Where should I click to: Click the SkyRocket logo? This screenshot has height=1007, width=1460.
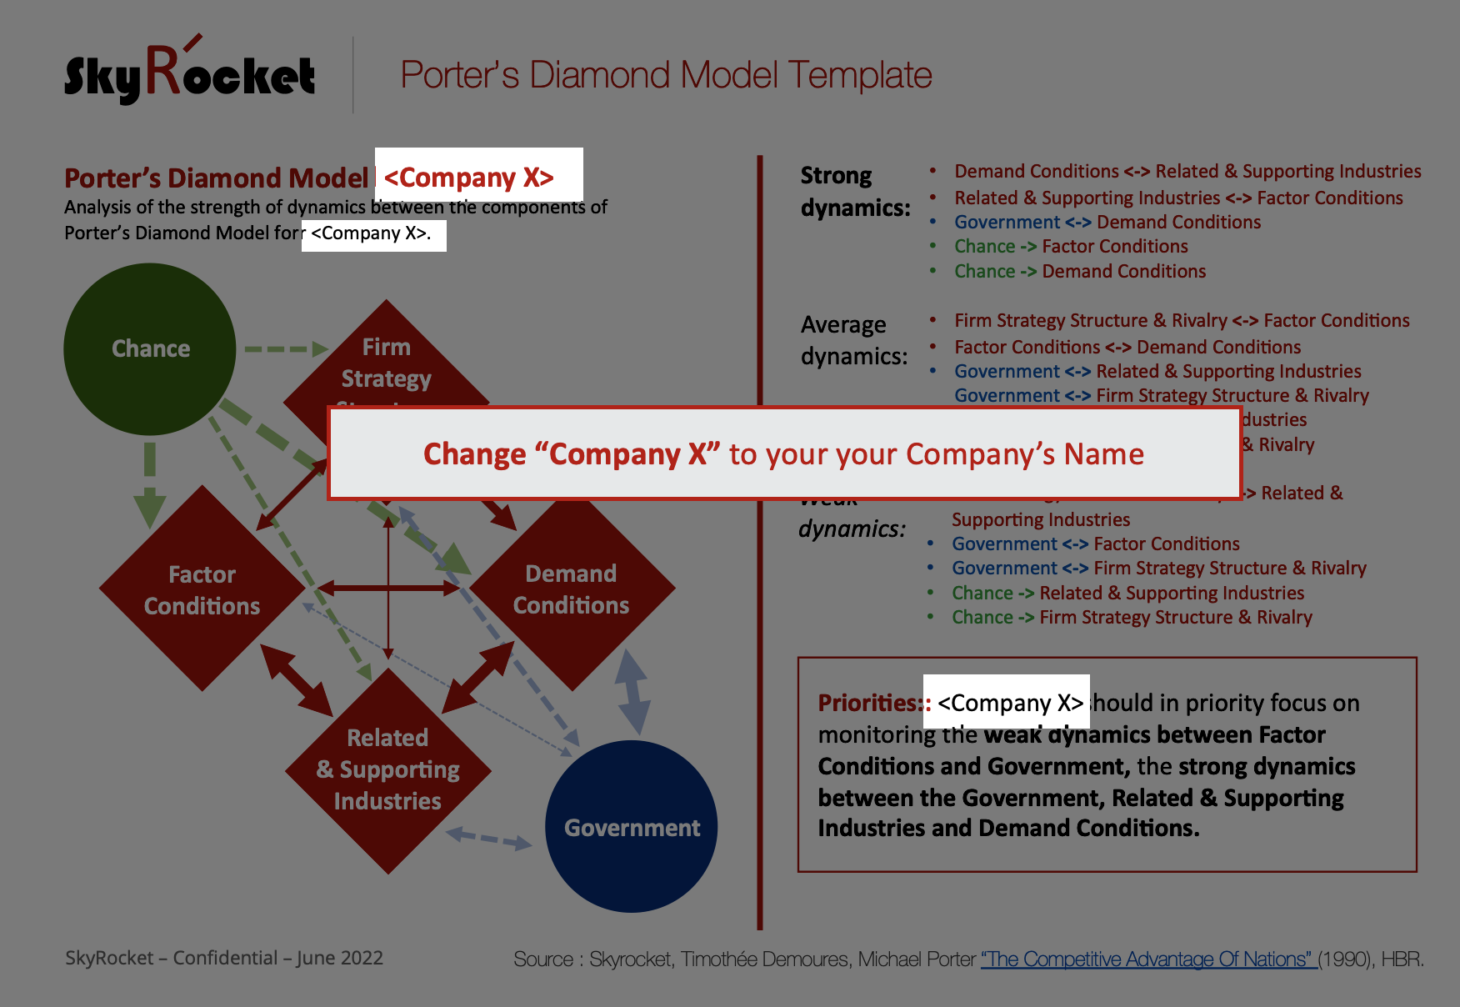(x=190, y=73)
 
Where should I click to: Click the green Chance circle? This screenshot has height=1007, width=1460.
(x=150, y=348)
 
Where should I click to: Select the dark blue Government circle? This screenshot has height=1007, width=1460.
(x=631, y=827)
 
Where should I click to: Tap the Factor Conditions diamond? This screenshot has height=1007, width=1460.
(x=202, y=589)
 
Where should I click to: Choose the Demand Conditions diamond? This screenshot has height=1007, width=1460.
(x=572, y=589)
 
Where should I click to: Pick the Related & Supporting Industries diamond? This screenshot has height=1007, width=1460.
(x=387, y=769)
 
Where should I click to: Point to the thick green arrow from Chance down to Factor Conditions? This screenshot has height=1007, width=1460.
(x=150, y=483)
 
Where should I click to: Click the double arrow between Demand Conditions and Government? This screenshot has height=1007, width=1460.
(x=632, y=692)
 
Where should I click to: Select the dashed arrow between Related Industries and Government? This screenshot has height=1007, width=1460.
(x=489, y=838)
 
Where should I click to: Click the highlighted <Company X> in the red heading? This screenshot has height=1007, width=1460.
(x=469, y=178)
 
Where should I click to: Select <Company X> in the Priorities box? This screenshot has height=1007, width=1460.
(x=1009, y=703)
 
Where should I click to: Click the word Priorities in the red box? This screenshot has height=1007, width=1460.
(x=867, y=703)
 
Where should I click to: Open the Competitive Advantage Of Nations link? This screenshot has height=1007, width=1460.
(x=1147, y=959)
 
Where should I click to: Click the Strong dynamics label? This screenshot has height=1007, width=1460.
(x=854, y=191)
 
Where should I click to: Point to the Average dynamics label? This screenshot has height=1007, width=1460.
(x=853, y=340)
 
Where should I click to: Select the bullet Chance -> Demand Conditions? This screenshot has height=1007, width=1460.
(x=1079, y=271)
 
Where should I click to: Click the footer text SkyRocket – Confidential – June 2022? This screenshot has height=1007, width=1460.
(x=224, y=958)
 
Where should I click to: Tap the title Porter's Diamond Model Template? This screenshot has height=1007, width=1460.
(x=666, y=75)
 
